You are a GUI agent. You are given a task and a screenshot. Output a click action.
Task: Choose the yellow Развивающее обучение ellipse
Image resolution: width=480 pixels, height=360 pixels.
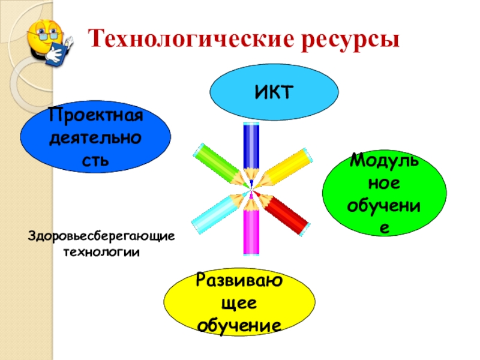pyautogui.click(x=239, y=300)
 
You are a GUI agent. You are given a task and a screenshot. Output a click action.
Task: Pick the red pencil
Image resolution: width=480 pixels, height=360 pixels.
pyautogui.click(x=287, y=212)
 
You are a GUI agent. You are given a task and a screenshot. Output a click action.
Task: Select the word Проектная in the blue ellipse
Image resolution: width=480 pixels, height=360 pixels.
pyautogui.click(x=96, y=114)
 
